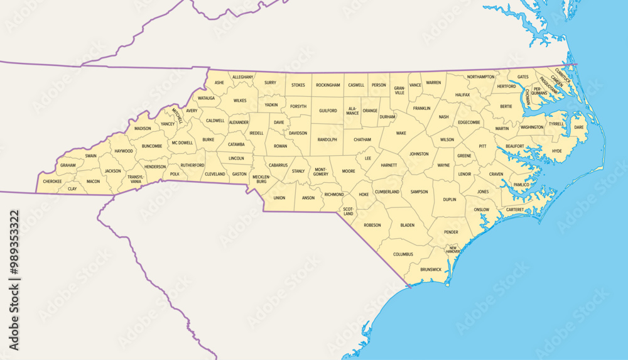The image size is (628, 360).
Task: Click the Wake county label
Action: [401, 133]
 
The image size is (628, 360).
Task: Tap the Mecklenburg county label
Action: [261, 179]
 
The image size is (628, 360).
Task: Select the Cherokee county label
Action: [52, 182]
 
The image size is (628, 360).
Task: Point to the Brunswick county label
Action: [431, 270]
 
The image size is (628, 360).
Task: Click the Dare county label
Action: [578, 128]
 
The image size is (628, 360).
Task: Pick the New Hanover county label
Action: [452, 249]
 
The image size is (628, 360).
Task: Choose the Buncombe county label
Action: [152, 146]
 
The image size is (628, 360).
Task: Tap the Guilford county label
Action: [328, 111]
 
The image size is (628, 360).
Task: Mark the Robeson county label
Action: [372, 225]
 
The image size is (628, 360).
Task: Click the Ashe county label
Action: [219, 82]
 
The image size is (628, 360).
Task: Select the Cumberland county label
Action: [387, 192]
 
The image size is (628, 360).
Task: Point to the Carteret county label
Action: [514, 210]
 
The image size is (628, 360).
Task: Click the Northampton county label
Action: [481, 77]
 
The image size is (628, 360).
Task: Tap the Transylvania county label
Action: [136, 179]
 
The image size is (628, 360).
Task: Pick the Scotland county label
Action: [347, 211]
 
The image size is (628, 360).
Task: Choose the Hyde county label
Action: [556, 151]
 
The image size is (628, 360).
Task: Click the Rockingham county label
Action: [328, 85]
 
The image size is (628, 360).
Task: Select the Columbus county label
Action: [403, 254]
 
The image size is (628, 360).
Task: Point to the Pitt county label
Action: [482, 146]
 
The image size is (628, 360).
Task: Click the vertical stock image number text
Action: [14, 280]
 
